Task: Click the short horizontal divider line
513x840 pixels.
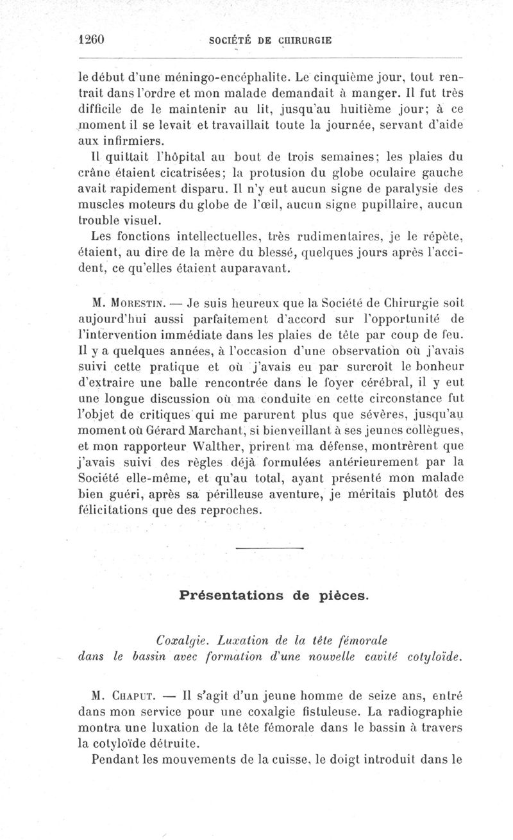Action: [269, 549]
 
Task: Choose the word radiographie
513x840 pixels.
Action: [417, 711]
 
